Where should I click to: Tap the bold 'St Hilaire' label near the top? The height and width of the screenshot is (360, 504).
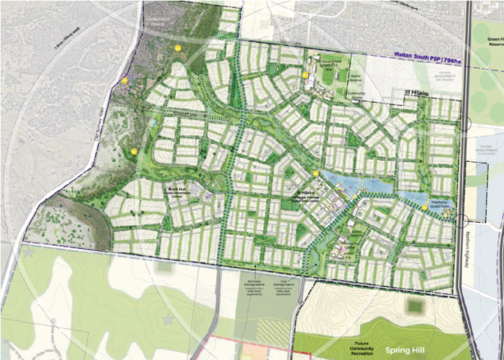416,94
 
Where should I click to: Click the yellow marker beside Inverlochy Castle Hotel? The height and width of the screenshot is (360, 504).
425,207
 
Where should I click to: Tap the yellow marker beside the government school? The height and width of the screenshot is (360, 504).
305,75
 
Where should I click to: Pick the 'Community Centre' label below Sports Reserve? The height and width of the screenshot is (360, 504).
356,95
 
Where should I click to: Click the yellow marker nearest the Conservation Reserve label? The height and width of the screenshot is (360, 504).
177,49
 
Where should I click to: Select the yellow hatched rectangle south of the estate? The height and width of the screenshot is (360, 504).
272,333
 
